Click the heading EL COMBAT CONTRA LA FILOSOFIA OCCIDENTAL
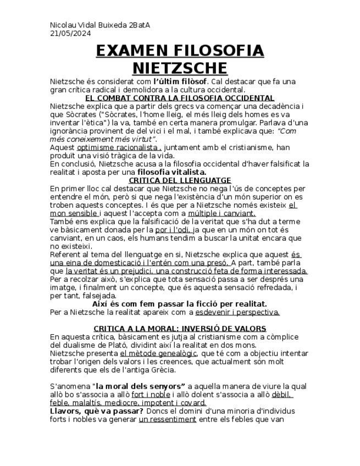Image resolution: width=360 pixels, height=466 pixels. pyautogui.click(x=180, y=97)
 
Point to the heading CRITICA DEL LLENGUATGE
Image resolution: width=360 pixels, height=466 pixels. pyautogui.click(x=180, y=180)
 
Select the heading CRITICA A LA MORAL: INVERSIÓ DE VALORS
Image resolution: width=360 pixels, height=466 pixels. pyautogui.click(x=180, y=328)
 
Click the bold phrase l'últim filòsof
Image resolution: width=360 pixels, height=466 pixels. pyautogui.click(x=180, y=81)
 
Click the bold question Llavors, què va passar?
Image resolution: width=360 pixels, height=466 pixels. pyautogui.click(x=97, y=410)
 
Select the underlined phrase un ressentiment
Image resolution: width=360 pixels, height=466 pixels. pyautogui.click(x=167, y=419)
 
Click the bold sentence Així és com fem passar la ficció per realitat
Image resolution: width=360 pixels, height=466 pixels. pyautogui.click(x=180, y=303)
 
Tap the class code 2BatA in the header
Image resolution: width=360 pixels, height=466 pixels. pyautogui.click(x=140, y=25)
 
